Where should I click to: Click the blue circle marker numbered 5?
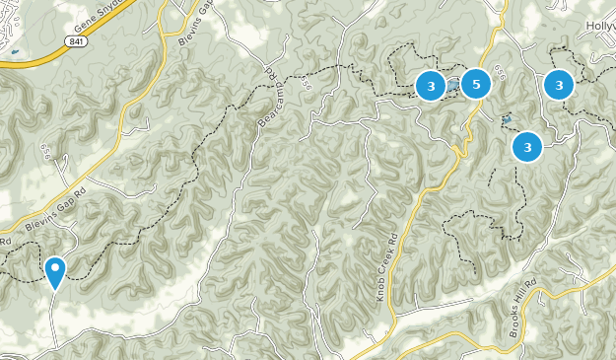tap(476, 84)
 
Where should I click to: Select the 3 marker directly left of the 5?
tap(430, 86)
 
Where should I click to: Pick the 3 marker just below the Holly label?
tap(559, 85)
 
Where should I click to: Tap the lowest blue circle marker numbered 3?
tap(528, 147)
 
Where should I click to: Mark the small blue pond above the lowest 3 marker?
tap(507, 120)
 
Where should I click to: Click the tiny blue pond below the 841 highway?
tap(16, 52)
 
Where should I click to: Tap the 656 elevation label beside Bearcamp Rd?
tap(279, 84)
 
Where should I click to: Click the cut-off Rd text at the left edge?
tap(4, 240)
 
